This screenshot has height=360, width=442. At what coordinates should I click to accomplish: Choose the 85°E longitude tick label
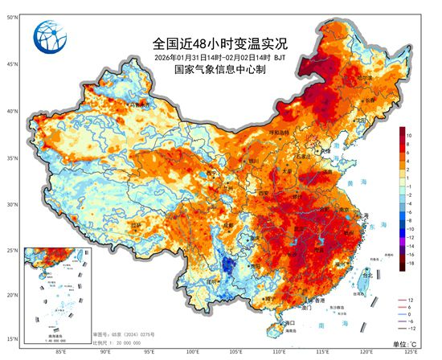point(61,351)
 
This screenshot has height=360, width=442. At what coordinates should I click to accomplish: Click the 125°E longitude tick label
point(411,351)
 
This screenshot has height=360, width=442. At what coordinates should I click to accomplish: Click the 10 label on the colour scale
point(409,137)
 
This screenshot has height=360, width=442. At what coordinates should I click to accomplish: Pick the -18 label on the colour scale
point(410,263)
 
